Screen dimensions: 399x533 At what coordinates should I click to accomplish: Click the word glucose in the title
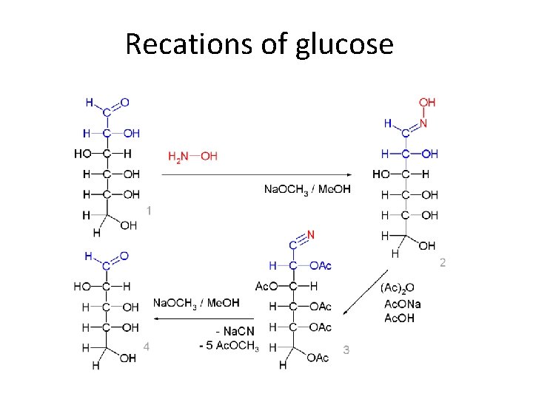point(345,44)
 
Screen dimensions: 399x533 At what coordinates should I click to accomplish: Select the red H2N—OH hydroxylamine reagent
point(192,156)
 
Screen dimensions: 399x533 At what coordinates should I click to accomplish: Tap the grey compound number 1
point(150,211)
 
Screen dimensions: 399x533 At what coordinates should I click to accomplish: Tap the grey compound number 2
point(443,262)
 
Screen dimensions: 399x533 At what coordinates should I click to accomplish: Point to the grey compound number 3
point(346,350)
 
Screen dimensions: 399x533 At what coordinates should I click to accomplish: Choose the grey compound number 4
point(147,346)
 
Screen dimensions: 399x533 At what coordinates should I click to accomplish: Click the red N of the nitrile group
point(311,235)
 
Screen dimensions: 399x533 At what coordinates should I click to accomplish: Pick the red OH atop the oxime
point(427,103)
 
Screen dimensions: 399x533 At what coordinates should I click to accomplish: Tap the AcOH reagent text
point(399,318)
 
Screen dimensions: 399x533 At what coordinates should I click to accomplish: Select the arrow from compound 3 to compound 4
point(204,318)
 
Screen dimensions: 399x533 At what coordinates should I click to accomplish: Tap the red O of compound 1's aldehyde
point(124,102)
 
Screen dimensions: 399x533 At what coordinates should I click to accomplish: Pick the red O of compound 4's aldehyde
point(124,256)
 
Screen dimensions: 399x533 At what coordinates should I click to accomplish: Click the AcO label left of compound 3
point(264,286)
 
